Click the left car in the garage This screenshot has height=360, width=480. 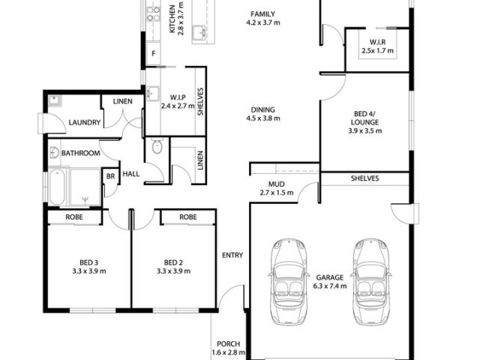click(288, 282)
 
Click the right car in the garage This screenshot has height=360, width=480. click(371, 282)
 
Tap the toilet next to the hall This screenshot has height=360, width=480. click(157, 147)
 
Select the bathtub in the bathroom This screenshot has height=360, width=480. click(57, 187)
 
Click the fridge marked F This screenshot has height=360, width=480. click(153, 53)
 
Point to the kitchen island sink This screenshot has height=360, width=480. click(199, 33)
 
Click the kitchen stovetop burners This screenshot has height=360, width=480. click(153, 14)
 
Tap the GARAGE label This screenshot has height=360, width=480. click(330, 277)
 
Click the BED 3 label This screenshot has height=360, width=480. click(88, 262)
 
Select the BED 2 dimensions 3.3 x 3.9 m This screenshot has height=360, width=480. click(173, 271)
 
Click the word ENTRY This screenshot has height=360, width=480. click(232, 255)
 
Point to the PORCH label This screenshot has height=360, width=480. click(228, 343)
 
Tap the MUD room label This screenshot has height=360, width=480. click(277, 184)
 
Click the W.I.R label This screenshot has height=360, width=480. click(377, 42)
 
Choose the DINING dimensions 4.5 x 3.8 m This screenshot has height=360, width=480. click(263, 118)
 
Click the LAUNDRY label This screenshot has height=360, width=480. click(85, 122)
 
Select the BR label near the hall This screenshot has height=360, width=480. click(110, 176)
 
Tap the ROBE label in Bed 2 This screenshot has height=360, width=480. click(188, 217)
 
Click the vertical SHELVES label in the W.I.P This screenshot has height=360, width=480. click(200, 102)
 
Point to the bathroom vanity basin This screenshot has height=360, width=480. click(54, 152)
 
